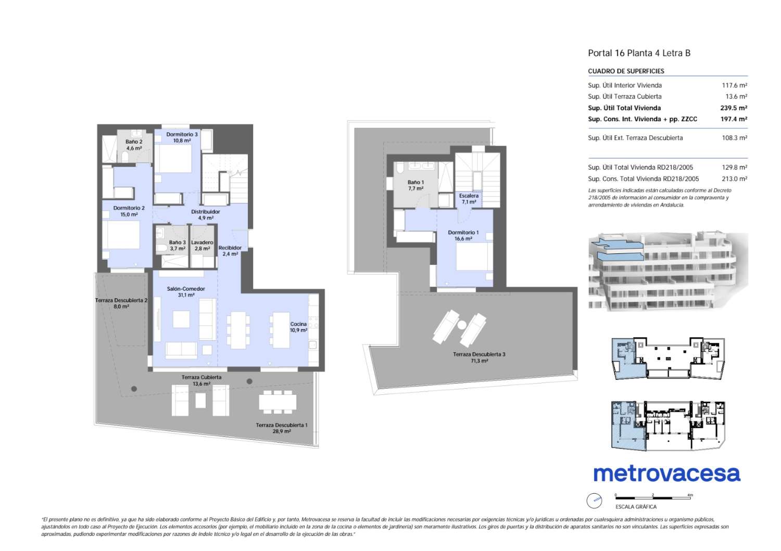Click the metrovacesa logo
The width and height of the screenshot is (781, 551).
click(666, 473)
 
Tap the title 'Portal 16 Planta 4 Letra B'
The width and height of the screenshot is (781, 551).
click(639, 53)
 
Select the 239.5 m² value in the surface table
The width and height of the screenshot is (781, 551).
click(734, 108)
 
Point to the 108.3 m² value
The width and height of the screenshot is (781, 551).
click(734, 138)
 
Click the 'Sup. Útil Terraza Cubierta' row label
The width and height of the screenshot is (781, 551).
click(625, 97)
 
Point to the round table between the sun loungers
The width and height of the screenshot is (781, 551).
click(461, 325)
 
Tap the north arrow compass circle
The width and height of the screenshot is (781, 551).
click(594, 501)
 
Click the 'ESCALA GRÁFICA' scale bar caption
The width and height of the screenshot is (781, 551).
click(636, 507)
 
